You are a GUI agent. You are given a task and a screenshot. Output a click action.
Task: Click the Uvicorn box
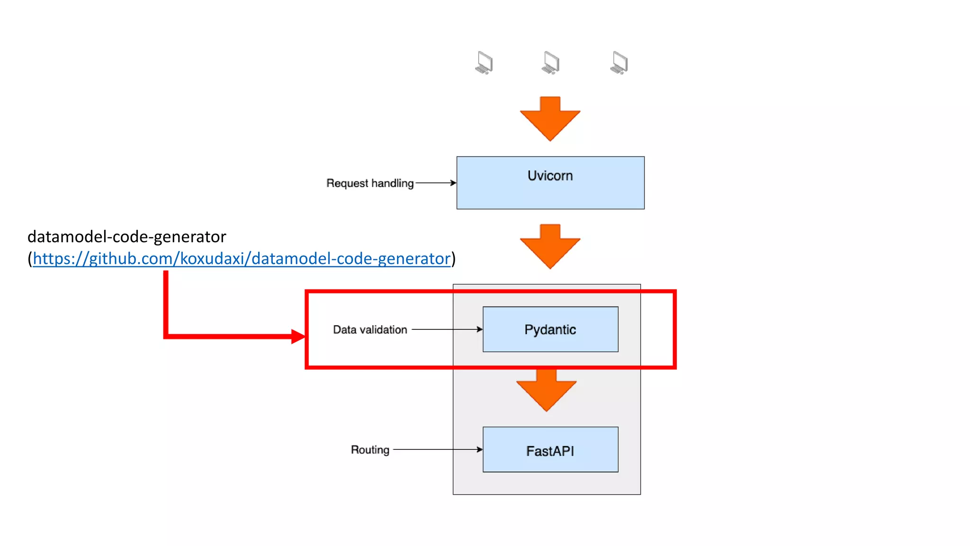tap(550, 182)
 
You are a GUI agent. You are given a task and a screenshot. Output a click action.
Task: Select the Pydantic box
tap(550, 329)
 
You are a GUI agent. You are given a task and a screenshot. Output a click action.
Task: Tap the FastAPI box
tap(550, 450)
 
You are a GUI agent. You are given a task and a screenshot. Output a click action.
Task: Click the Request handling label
tap(369, 183)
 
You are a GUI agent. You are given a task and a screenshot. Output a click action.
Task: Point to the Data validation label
tap(369, 329)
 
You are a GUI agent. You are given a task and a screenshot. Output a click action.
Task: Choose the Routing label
tap(369, 449)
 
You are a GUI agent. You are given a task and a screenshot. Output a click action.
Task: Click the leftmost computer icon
tap(484, 63)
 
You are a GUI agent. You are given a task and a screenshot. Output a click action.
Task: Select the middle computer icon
tap(550, 63)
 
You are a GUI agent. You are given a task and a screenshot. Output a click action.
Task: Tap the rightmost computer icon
tap(619, 63)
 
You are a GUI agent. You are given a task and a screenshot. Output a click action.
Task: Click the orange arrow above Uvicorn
tap(550, 118)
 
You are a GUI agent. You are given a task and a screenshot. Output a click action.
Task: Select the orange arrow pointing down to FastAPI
tap(546, 391)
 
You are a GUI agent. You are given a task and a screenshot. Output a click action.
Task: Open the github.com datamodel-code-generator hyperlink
tap(242, 259)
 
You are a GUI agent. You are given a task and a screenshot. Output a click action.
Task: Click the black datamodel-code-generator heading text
tap(126, 237)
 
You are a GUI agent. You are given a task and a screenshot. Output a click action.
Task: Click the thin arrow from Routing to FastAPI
tap(438, 449)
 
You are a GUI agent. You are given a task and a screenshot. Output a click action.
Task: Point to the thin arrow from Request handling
tap(435, 183)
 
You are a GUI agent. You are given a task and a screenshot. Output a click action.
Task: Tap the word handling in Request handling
tap(392, 183)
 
